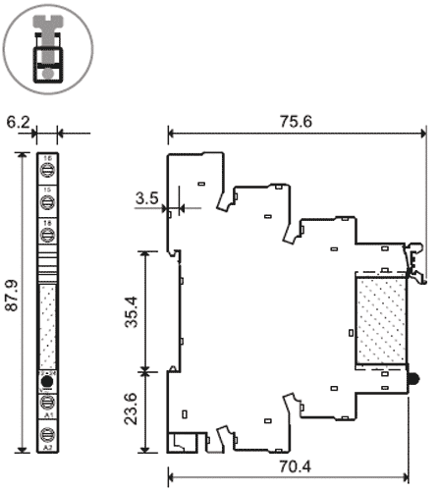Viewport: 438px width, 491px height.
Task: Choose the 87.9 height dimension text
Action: (x=12, y=305)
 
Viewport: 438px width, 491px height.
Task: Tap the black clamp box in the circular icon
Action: (x=45, y=64)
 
